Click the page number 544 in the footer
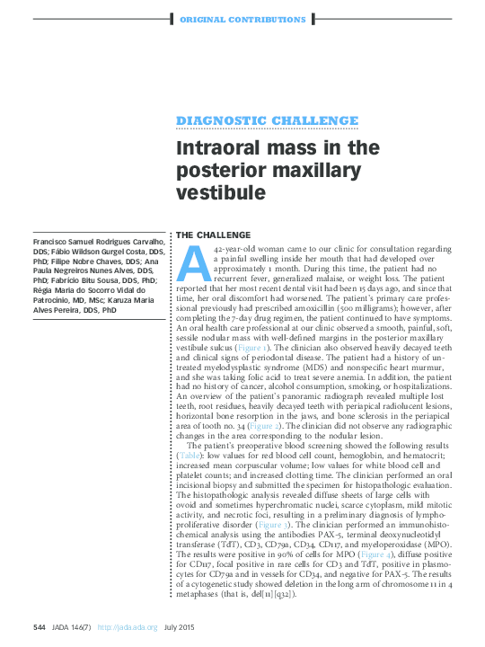(x=40, y=626)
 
